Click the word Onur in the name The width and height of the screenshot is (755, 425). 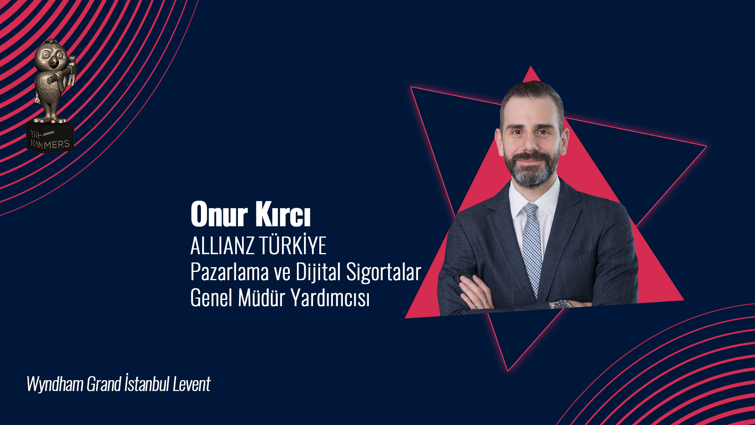click(219, 214)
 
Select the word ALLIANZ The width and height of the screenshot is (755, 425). click(222, 246)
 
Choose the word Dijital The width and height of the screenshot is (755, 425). click(318, 272)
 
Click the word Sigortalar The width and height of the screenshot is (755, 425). click(383, 272)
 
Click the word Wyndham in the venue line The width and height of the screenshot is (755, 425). click(55, 384)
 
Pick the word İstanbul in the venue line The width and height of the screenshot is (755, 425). click(147, 383)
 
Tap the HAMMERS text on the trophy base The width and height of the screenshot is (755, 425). click(50, 144)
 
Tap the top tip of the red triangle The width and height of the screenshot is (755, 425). click(531, 66)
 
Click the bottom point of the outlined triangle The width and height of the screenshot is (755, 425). click(508, 371)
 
